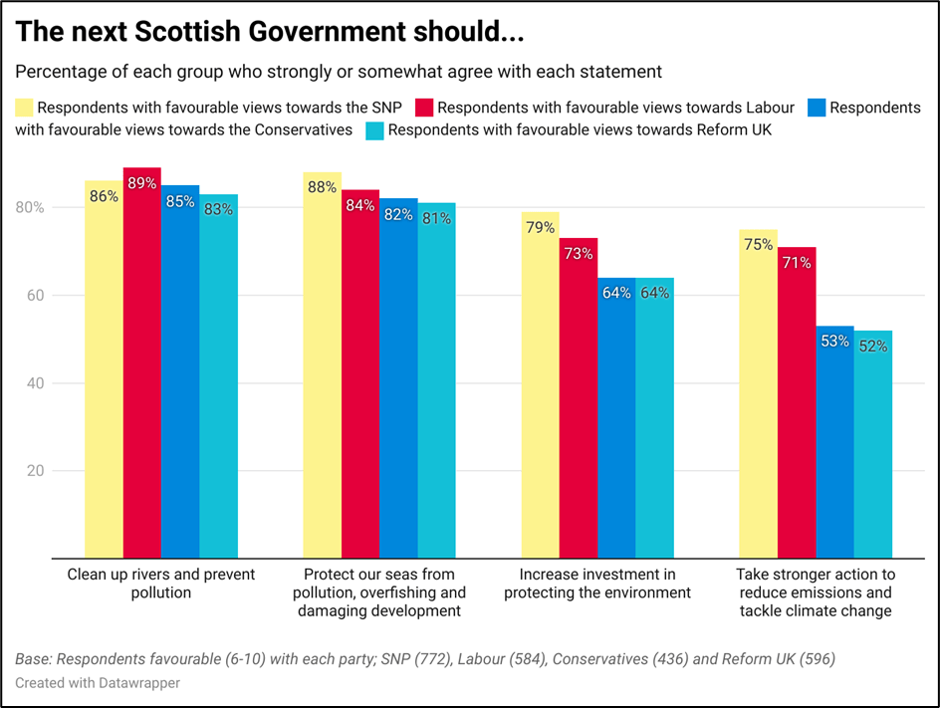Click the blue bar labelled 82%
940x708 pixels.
[x=398, y=378]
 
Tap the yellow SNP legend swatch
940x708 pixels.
[x=24, y=108]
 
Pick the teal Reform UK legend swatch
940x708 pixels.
[x=374, y=129]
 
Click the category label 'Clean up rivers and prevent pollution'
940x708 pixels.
[x=161, y=584]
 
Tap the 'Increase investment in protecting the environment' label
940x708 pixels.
[x=597, y=584]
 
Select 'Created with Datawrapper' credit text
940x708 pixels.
[x=98, y=684]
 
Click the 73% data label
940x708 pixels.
[x=579, y=254]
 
